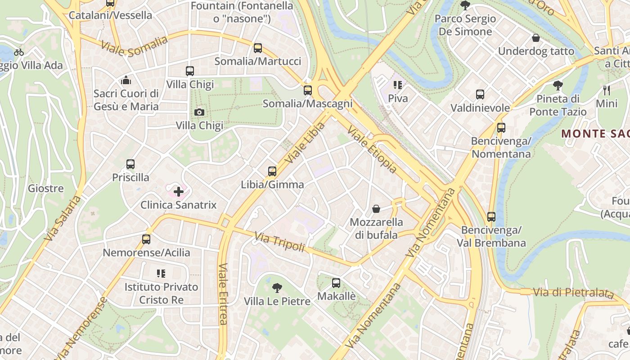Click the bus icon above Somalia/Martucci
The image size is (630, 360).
pyautogui.click(x=258, y=48)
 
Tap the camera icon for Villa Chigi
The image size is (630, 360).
pyautogui.click(x=199, y=112)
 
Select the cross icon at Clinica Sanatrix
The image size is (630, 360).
pyautogui.click(x=179, y=192)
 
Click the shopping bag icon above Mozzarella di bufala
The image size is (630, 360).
pyautogui.click(x=376, y=209)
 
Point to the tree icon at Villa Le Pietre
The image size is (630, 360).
pyautogui.click(x=277, y=288)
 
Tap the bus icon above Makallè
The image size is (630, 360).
pyautogui.click(x=336, y=283)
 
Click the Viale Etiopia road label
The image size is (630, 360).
pyautogui.click(x=372, y=149)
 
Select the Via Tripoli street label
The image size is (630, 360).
pyautogui.click(x=279, y=242)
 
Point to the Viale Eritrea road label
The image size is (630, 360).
pyautogui.click(x=223, y=293)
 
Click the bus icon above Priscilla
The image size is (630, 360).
pyautogui.click(x=130, y=164)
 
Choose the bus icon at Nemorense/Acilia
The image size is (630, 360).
pyautogui.click(x=146, y=239)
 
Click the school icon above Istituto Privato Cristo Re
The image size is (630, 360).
pyautogui.click(x=161, y=273)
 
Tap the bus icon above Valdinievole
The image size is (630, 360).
pyautogui.click(x=480, y=94)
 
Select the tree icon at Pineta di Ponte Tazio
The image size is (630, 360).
pyautogui.click(x=558, y=85)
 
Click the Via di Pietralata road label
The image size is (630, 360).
pyautogui.click(x=573, y=293)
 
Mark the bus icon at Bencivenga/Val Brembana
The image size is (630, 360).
pyautogui.click(x=491, y=217)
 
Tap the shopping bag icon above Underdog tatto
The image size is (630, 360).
pyautogui.click(x=536, y=38)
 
